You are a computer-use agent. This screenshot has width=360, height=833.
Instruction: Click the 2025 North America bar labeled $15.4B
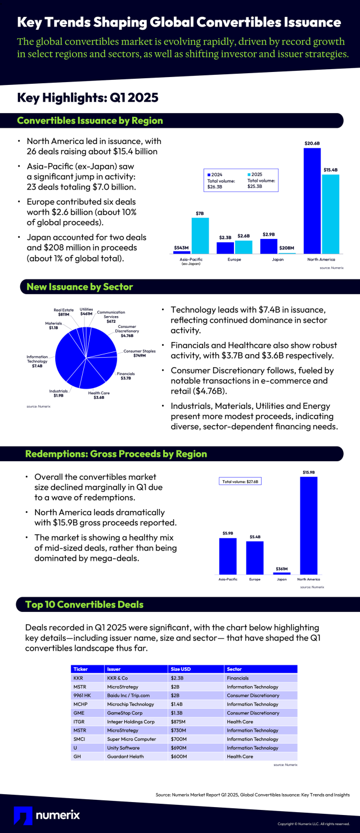coord(331,214)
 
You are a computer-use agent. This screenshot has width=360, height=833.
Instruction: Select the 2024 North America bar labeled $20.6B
coord(312,201)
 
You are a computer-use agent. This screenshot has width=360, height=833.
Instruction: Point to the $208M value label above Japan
coord(287,248)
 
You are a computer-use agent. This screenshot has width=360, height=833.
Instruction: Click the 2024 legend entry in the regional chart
coord(216,174)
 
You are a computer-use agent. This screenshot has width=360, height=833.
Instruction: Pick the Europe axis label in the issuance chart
coord(234,260)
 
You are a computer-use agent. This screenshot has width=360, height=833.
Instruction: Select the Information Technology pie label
coord(37,362)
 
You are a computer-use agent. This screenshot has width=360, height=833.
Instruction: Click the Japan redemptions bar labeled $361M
coord(281,573)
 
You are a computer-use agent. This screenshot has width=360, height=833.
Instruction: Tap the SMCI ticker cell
coord(79,739)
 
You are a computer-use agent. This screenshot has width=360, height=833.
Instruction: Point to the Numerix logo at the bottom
coord(47,814)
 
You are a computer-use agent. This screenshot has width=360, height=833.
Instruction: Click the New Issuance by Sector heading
coord(79,287)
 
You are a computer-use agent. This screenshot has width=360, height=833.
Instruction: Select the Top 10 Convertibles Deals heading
coord(84,605)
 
